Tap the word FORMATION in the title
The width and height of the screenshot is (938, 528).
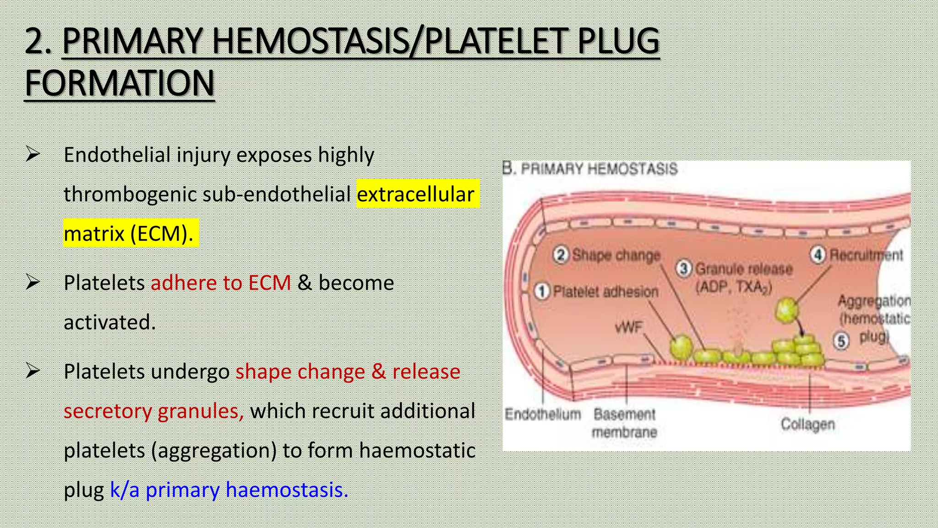(x=120, y=84)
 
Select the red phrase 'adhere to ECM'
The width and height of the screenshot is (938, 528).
(x=221, y=283)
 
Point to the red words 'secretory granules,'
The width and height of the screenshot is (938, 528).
(x=153, y=411)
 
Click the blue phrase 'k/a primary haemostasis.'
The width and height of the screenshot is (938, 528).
(x=229, y=490)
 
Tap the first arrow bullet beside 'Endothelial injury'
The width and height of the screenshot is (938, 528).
(x=33, y=154)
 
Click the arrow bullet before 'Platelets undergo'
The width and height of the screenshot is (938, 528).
(x=33, y=371)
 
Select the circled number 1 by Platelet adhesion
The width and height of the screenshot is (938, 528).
(x=542, y=291)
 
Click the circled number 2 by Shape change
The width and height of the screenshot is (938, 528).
(x=561, y=255)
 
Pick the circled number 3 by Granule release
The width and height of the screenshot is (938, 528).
(x=684, y=269)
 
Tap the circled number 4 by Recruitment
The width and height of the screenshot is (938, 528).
(x=818, y=255)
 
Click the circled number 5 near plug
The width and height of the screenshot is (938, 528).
(x=841, y=341)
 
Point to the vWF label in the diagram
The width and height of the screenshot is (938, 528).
(x=629, y=327)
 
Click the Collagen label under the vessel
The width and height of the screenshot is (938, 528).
(x=807, y=424)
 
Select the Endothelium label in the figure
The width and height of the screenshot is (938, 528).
(x=543, y=414)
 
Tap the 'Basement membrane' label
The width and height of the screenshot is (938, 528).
(x=624, y=423)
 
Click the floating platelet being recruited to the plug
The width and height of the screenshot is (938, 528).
(x=786, y=310)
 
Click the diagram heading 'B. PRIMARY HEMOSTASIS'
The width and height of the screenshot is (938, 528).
(x=590, y=169)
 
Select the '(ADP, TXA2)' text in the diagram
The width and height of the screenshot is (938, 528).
(x=734, y=288)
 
